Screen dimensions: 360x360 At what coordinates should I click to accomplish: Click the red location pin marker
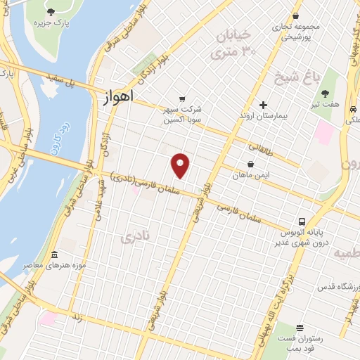181,165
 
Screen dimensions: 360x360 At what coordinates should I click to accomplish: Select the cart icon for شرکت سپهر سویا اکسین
183,99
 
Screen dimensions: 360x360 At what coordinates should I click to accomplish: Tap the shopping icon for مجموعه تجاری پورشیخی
297,15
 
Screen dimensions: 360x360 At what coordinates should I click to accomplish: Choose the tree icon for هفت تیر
325,94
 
